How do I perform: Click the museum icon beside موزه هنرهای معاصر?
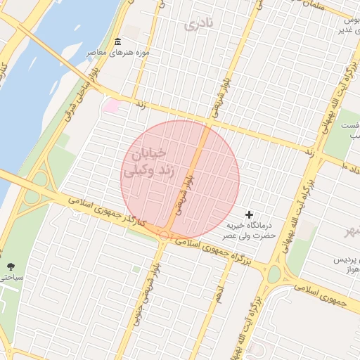117,42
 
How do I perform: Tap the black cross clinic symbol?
250,214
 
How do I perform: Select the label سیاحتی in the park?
11,278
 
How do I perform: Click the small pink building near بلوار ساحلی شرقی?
111,106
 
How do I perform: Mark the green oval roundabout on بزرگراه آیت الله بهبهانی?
274,274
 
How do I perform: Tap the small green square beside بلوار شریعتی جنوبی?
136,269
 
